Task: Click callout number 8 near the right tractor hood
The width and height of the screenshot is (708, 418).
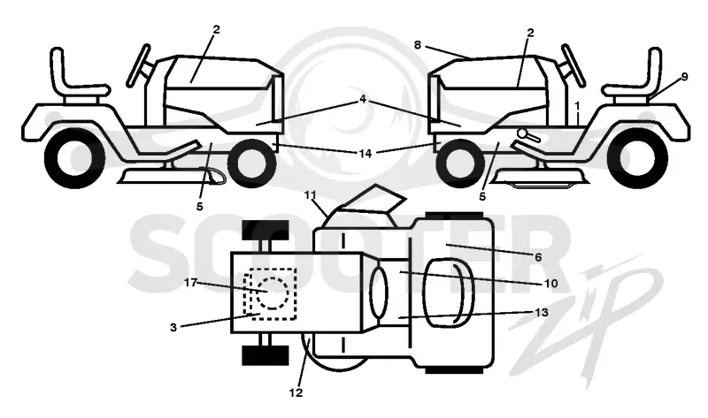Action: (417, 45)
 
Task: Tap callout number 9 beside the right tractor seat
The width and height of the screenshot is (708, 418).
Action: (684, 77)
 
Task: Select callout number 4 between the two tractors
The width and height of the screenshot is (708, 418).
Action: (363, 99)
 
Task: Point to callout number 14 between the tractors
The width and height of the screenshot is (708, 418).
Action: (366, 153)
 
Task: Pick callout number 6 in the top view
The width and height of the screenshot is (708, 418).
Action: (538, 257)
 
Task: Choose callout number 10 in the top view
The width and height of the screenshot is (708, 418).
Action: (550, 284)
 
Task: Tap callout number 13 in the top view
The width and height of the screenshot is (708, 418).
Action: (542, 312)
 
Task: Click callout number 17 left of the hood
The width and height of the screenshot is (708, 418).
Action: (191, 283)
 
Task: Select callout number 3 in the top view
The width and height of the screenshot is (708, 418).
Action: (173, 327)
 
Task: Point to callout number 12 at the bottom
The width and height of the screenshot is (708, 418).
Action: (296, 392)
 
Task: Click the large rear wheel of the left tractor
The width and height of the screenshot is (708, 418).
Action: (75, 157)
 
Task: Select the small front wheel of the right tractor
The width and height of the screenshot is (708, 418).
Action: (459, 163)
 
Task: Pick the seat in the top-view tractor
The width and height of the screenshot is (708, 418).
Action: (449, 293)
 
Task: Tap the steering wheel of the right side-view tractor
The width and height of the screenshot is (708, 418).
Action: (573, 65)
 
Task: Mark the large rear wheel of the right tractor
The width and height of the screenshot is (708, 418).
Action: (637, 157)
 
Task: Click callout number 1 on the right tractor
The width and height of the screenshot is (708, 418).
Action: (577, 105)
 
